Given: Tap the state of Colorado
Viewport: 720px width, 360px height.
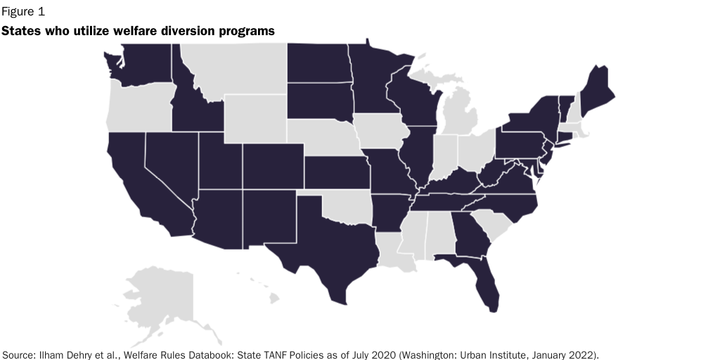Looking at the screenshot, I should coord(273,166).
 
